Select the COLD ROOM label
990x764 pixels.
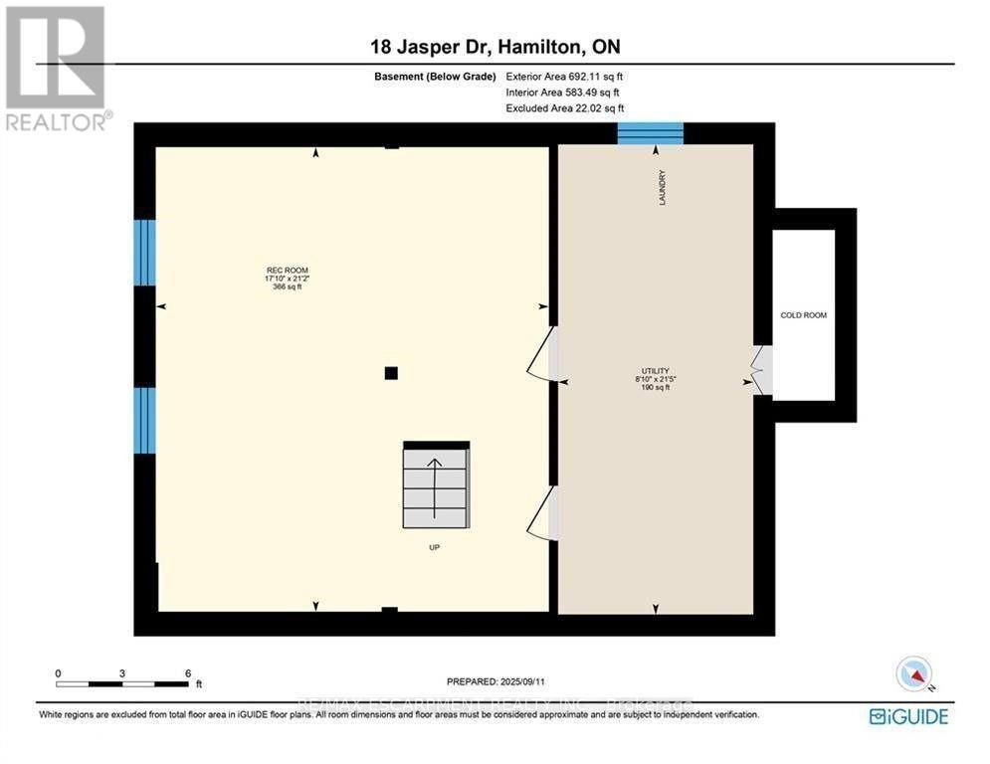804,315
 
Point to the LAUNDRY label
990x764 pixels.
662,188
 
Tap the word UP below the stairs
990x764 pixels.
435,547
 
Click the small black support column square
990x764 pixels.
391,373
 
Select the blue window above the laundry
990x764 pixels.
650,133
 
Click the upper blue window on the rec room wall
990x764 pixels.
145,253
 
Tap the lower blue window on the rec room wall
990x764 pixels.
145,421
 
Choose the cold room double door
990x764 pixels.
761,369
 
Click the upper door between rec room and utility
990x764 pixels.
542,354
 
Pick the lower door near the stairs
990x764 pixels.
542,511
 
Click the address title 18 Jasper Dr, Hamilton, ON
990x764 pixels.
495,47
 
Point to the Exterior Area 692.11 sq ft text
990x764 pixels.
564,77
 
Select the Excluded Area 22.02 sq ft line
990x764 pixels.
564,108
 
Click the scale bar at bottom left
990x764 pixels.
122,683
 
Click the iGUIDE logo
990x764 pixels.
907,716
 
